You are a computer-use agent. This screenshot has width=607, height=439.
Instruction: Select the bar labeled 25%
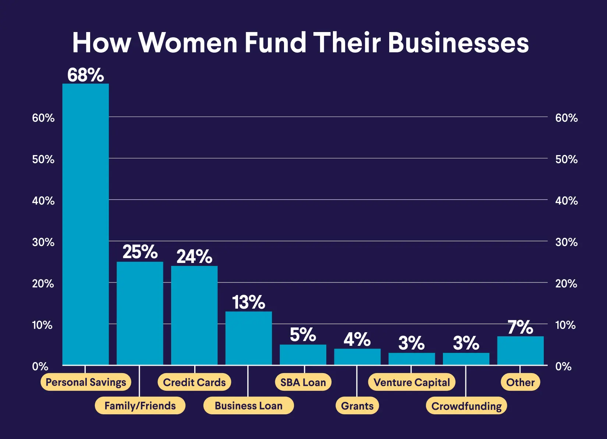click(x=140, y=313)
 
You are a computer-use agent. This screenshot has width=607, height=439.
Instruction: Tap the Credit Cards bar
click(x=194, y=315)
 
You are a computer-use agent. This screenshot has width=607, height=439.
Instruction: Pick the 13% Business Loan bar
click(x=249, y=338)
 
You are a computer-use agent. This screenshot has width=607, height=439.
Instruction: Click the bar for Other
click(x=520, y=350)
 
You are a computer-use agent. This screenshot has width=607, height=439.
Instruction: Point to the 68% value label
click(x=85, y=75)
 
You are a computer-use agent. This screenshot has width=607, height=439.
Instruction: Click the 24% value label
click(x=194, y=256)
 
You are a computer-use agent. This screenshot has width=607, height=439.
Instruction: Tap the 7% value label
click(x=520, y=327)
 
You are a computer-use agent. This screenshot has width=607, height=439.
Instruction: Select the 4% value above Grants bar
click(x=357, y=339)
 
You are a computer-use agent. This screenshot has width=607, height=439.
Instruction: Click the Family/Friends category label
click(x=140, y=405)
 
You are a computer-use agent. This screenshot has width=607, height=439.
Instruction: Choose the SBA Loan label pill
click(x=303, y=382)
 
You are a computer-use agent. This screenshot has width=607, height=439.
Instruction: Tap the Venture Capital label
click(x=412, y=382)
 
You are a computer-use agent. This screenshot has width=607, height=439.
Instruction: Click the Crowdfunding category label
click(x=466, y=406)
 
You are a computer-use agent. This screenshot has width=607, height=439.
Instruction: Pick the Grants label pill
click(x=357, y=405)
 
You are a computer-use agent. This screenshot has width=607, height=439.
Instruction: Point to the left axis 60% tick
click(x=43, y=118)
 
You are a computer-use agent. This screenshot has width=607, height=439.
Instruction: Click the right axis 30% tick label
click(x=566, y=242)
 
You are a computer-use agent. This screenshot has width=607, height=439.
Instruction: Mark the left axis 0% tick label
click(x=40, y=366)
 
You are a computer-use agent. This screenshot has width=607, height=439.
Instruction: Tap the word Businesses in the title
click(x=458, y=42)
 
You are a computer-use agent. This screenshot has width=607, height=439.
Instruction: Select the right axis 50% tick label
click(x=566, y=159)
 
